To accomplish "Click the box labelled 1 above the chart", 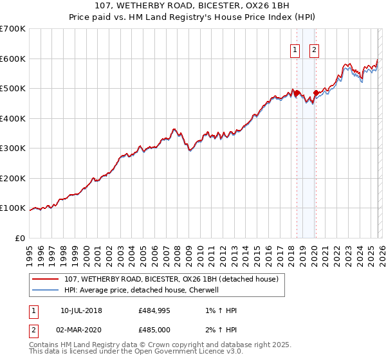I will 295,50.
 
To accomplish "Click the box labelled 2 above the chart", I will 314,50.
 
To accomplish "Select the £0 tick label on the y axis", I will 20,238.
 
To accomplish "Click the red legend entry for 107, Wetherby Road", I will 171,279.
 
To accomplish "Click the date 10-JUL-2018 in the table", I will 81,310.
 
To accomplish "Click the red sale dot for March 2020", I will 315,93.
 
